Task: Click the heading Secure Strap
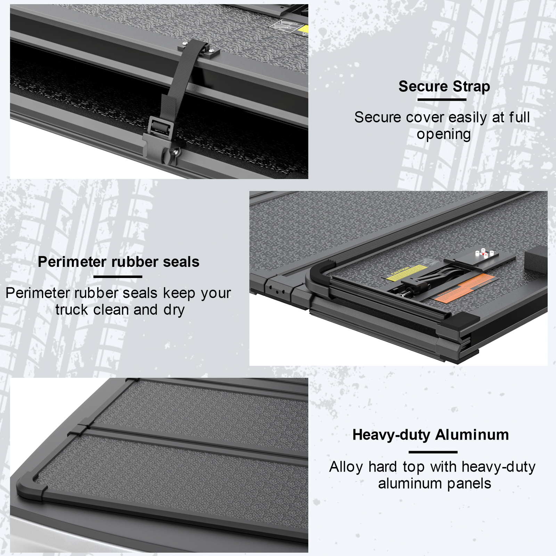[x=444, y=86]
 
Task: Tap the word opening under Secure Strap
[x=444, y=134]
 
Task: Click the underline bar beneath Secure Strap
[x=442, y=100]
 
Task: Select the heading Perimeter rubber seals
[x=118, y=262]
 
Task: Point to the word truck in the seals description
[x=72, y=310]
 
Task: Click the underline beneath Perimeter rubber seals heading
[x=118, y=277]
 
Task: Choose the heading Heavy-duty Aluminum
[x=431, y=435]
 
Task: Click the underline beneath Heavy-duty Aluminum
[x=433, y=452]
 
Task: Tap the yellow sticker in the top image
[x=304, y=30]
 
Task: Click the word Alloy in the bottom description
[x=346, y=467]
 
